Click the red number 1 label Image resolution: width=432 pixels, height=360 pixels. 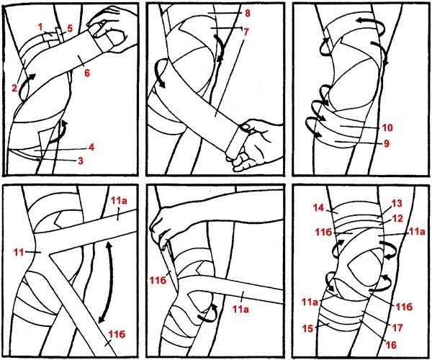(40, 27)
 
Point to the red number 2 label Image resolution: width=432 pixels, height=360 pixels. (14, 88)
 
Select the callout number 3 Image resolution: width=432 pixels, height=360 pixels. (81, 161)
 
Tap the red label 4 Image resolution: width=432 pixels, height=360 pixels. (91, 147)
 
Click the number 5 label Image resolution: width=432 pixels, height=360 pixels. (70, 28)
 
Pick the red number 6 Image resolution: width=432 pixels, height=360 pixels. (87, 73)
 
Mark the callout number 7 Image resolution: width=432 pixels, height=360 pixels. (246, 32)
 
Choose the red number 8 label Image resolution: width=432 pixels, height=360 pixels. (248, 13)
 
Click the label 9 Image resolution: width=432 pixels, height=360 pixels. (387, 143)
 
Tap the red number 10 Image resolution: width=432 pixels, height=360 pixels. (387, 127)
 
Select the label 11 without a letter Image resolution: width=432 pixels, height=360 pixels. (19, 252)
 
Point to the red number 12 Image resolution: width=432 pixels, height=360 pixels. (397, 218)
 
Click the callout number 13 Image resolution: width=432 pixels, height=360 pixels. (397, 204)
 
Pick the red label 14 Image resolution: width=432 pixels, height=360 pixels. (318, 207)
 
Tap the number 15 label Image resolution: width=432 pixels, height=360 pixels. (307, 328)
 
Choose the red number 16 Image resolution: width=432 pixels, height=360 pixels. (391, 345)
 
